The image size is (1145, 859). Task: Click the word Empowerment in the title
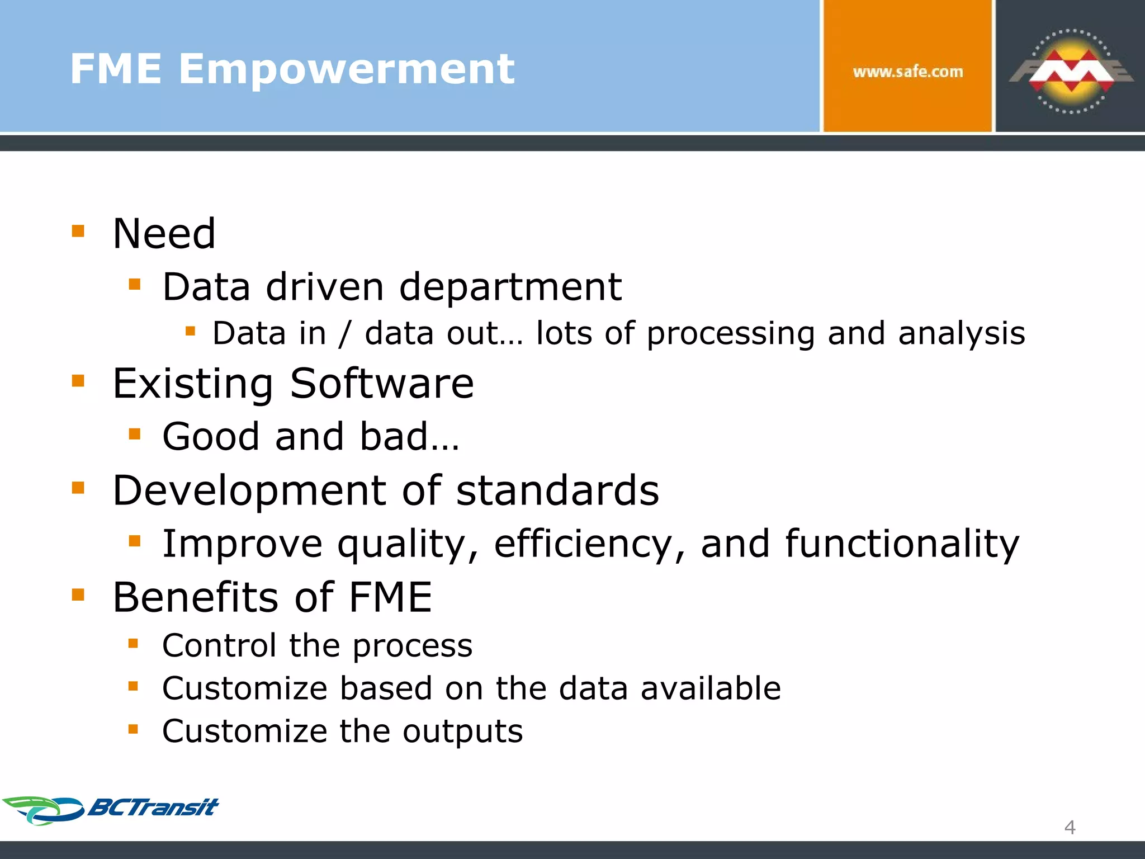coord(346,69)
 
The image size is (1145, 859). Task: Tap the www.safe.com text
coord(907,72)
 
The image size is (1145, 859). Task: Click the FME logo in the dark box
coord(1071,72)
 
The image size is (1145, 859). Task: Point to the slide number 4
coord(1070,827)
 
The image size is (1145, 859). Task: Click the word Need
coord(164,234)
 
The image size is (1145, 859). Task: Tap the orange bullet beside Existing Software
coord(78,381)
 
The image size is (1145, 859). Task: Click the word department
coord(510,287)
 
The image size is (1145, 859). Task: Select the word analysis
coord(962,334)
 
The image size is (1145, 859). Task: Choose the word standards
coord(557,490)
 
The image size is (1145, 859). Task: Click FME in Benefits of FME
coord(390,597)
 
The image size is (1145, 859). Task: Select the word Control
coord(219,646)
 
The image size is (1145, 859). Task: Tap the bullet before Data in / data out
coord(190,331)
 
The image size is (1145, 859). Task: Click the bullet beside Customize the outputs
coord(133,729)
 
